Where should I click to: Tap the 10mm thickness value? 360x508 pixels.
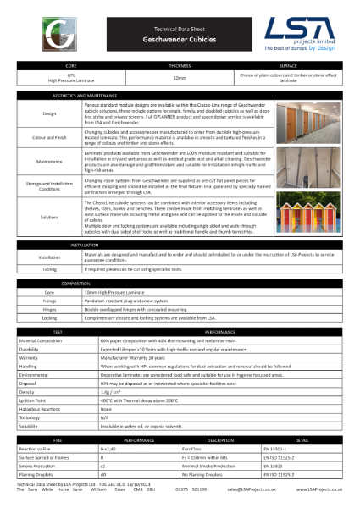180,77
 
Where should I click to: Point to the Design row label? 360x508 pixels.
50,113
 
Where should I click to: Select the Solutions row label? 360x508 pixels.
50,218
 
